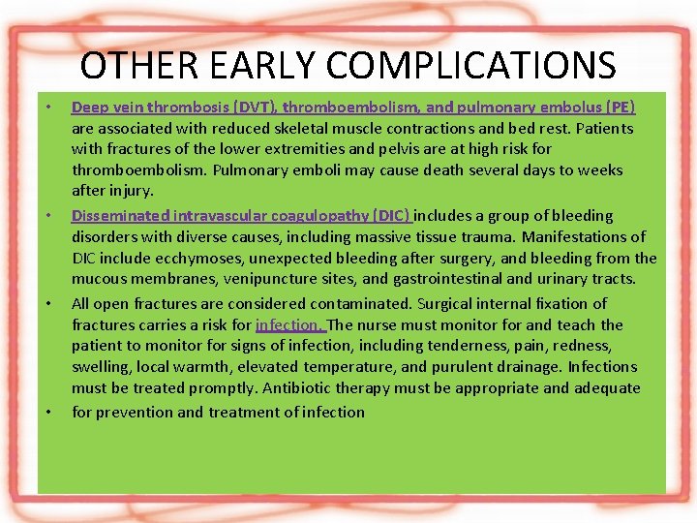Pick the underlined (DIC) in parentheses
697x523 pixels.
tap(389, 215)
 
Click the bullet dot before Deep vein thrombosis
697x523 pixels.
tap(47, 107)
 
